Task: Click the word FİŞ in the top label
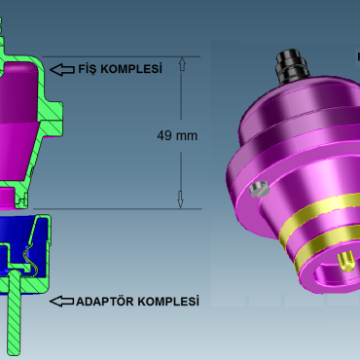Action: coord(86,68)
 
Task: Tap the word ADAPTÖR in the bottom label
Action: coord(105,302)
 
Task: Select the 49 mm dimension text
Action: coord(177,135)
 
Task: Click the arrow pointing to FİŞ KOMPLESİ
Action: coord(62,69)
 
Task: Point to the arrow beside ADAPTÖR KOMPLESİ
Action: coord(61,301)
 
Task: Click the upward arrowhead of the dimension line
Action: coord(182,64)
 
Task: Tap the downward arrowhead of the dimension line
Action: coord(181,199)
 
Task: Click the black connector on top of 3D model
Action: coord(292,66)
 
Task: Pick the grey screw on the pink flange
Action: coord(260,189)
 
